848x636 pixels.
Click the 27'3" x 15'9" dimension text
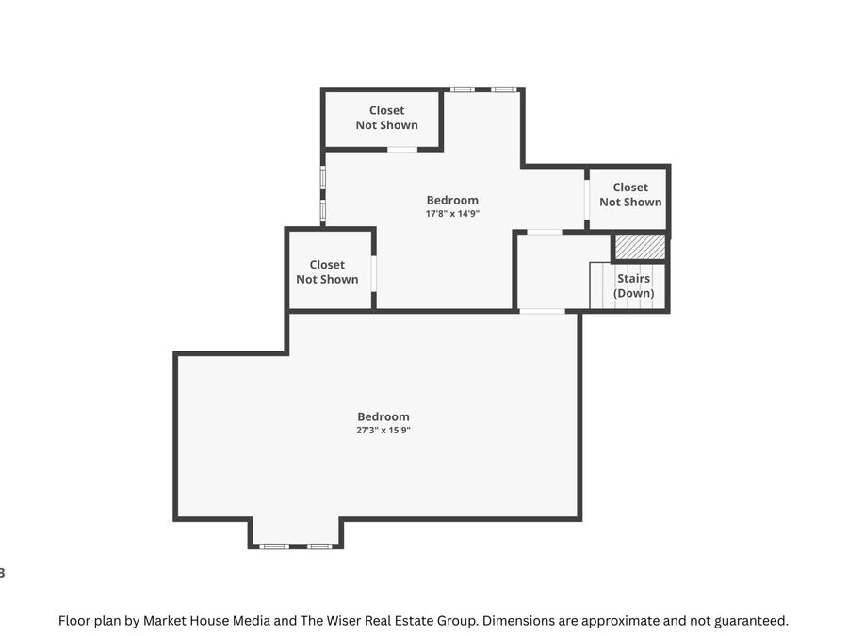(x=383, y=431)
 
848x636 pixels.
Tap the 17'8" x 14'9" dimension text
(x=452, y=214)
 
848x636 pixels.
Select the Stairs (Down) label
(x=633, y=286)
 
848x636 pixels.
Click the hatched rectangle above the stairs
(x=640, y=247)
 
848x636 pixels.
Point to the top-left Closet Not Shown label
(x=386, y=118)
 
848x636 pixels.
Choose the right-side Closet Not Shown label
(x=630, y=195)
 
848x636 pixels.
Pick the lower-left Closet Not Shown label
(x=327, y=272)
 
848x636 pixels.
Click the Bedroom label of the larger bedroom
(x=383, y=416)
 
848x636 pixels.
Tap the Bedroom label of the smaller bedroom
(x=452, y=200)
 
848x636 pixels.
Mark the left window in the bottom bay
(x=273, y=546)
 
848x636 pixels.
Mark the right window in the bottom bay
(x=319, y=546)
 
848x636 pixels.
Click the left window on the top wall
(x=462, y=90)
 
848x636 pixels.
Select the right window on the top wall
(x=503, y=90)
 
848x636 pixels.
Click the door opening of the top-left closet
(x=402, y=149)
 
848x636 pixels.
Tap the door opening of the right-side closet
(x=586, y=200)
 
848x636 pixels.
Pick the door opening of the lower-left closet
(x=374, y=273)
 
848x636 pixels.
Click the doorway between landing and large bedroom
(x=542, y=311)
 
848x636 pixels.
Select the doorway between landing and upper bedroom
(x=544, y=232)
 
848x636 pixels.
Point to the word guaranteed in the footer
(x=748, y=621)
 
